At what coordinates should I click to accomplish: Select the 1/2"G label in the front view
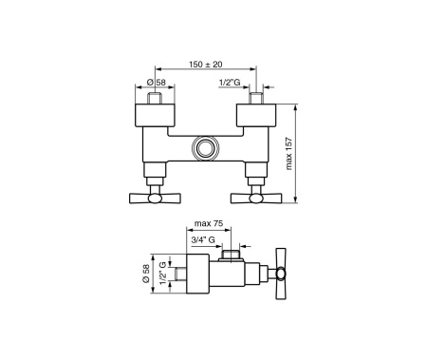click(229, 82)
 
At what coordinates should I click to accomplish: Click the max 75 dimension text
click(208, 224)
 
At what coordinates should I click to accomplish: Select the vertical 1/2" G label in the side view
click(163, 275)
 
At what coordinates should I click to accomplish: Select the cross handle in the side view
click(282, 275)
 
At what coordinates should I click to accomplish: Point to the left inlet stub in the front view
click(157, 97)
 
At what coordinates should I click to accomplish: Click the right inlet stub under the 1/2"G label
click(254, 97)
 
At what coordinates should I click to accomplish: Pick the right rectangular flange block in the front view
click(254, 118)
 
